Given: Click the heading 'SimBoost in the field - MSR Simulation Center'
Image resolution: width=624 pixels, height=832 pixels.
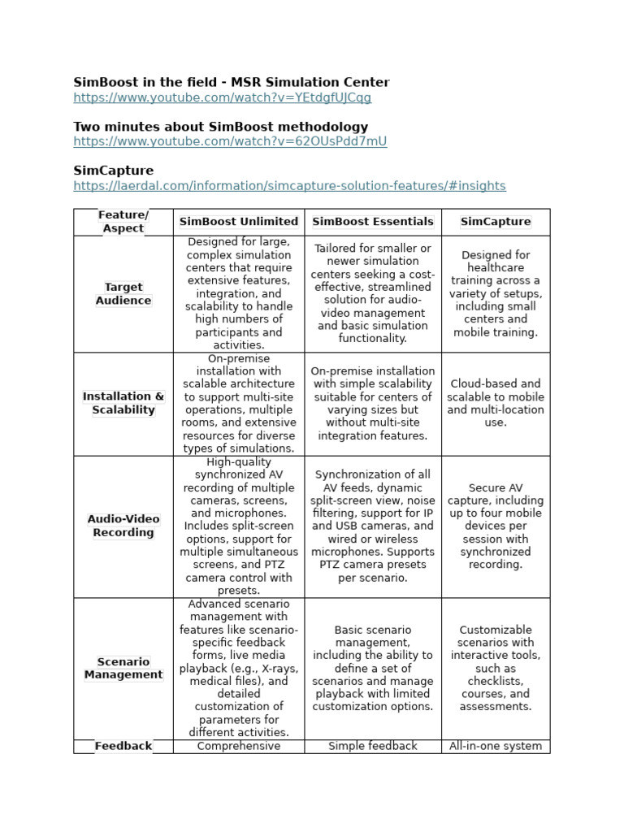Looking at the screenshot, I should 232,82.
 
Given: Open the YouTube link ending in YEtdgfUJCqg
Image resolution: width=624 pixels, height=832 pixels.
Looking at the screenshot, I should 222,97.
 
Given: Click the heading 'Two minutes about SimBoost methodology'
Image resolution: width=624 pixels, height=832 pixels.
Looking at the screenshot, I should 220,127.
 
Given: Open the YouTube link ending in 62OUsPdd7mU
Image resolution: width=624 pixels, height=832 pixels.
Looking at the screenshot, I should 230,141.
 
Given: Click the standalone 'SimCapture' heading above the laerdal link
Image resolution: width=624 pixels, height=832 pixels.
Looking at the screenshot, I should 113,171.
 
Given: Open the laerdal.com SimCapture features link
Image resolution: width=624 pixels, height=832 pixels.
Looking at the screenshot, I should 289,186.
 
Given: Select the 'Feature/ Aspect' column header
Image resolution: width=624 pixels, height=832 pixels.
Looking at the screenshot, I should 123,222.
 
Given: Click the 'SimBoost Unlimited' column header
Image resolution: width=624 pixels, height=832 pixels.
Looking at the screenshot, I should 239,222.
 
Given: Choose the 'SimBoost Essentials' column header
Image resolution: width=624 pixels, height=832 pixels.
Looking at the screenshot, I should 373,222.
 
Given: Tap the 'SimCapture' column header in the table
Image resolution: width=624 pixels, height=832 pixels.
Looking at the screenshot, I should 496,222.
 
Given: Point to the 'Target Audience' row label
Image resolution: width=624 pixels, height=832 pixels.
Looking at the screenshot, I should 123,293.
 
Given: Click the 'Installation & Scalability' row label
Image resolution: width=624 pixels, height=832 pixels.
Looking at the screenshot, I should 123,403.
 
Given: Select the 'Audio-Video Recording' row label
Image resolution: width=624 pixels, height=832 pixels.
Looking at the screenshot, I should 123,526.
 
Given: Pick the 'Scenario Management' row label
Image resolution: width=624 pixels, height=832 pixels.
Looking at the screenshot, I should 123,668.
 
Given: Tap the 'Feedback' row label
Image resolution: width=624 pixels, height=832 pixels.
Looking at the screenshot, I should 123,746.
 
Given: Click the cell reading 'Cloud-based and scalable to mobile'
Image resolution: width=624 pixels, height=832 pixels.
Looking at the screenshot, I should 496,403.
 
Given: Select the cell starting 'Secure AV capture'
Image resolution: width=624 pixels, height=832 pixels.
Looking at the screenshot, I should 496,526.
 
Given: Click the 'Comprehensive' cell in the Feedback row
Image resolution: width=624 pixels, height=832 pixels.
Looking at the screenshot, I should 239,746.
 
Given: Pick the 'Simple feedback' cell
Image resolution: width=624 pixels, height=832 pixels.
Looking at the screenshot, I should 373,746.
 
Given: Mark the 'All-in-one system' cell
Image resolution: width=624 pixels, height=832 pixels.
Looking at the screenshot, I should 496,746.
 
